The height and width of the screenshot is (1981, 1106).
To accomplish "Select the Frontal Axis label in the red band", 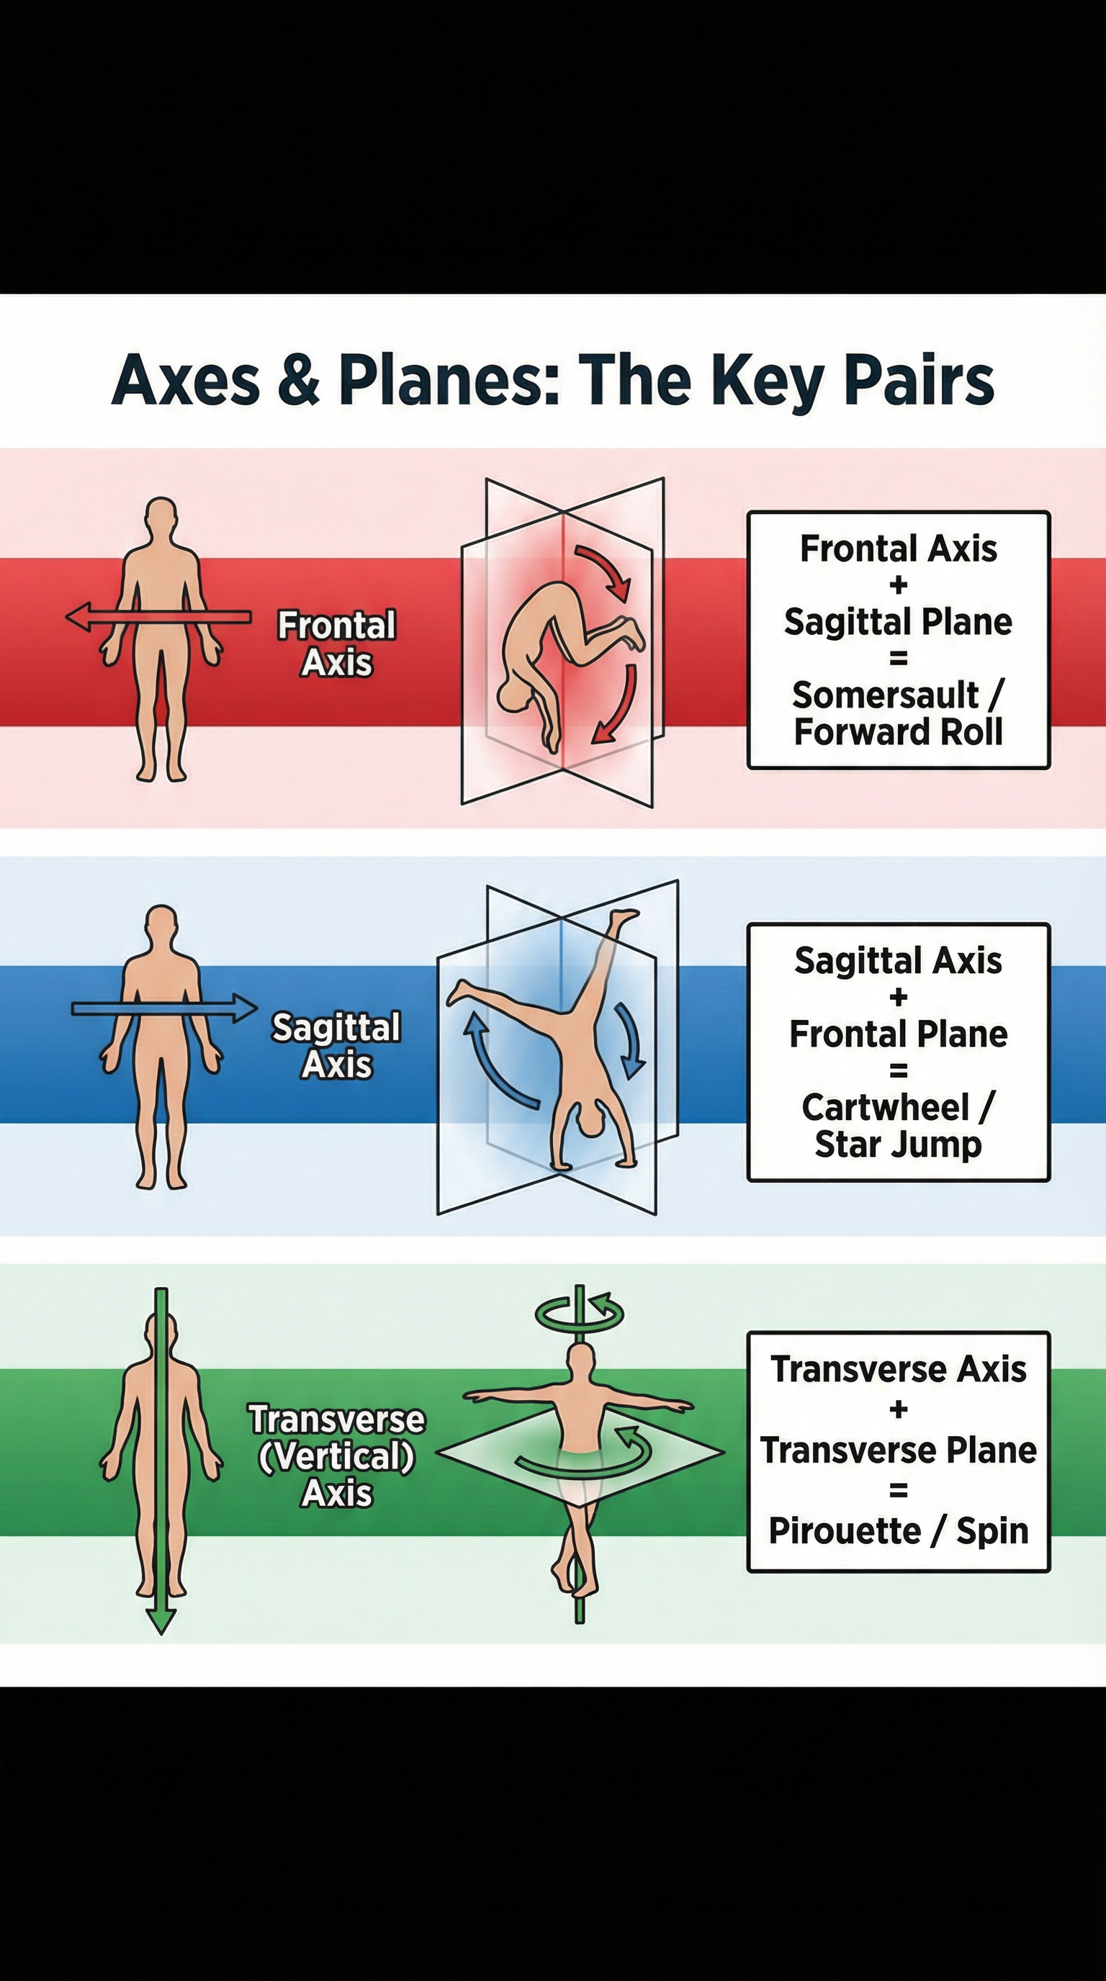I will tap(337, 644).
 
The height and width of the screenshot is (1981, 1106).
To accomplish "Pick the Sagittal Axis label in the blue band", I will tap(336, 1046).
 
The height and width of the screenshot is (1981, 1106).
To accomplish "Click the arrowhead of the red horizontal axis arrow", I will tap(78, 616).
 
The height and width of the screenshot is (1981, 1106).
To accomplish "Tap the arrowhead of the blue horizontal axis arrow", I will tap(246, 1008).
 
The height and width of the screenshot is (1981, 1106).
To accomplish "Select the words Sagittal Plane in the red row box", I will tap(898, 621).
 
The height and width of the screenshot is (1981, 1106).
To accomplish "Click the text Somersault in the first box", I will tap(885, 695).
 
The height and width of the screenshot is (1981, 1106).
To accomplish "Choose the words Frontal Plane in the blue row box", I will tap(898, 1034).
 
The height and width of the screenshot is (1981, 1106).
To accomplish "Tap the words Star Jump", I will tap(898, 1145).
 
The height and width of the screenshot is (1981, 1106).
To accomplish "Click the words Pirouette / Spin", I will tap(898, 1530).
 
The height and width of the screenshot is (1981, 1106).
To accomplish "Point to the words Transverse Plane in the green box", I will tap(898, 1450).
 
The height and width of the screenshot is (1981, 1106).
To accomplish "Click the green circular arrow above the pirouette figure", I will tap(580, 1315).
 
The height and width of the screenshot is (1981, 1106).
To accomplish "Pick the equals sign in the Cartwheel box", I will tap(898, 1070).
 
